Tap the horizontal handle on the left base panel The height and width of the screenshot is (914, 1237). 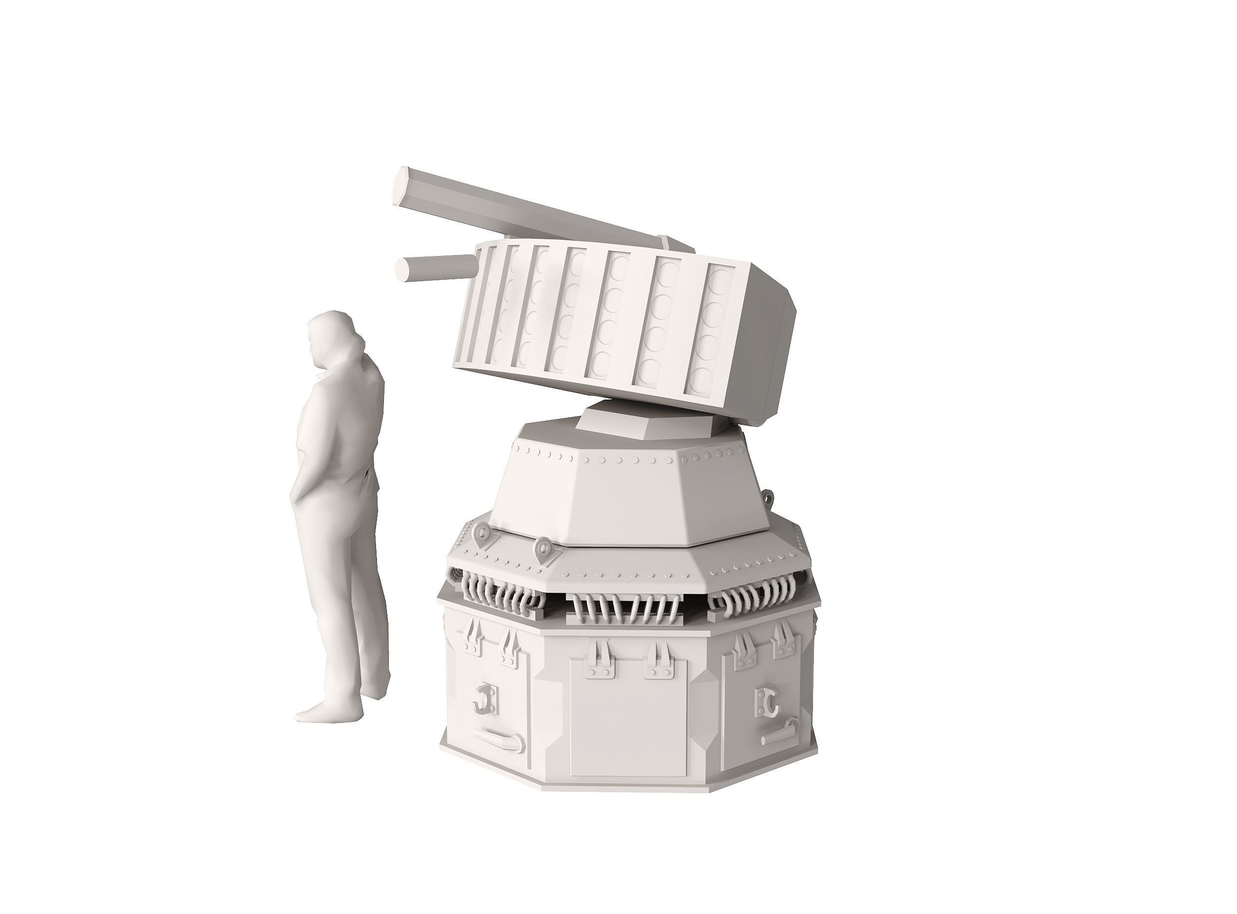point(497,739)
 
